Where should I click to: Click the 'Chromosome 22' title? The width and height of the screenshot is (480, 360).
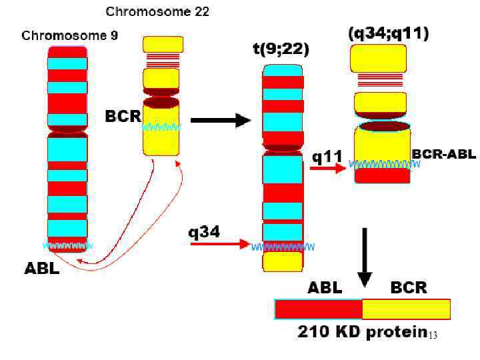point(158,12)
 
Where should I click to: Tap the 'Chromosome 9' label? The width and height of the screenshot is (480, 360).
point(70,36)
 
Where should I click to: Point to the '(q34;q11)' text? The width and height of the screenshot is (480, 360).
point(389,33)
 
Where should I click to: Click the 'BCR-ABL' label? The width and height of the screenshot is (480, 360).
point(444,155)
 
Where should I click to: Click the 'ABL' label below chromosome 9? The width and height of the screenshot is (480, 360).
point(42,269)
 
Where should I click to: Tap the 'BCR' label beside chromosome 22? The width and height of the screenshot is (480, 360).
point(123,116)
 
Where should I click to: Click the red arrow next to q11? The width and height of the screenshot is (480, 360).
point(327,169)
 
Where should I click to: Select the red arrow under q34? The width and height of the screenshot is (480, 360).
point(219,244)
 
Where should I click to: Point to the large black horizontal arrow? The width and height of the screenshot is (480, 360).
point(220,121)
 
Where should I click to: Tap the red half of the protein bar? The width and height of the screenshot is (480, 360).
point(319,309)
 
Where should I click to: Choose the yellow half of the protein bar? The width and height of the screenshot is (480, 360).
point(406,309)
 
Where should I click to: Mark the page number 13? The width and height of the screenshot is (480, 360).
point(432,335)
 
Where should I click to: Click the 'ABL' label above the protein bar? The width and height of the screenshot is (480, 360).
point(324,288)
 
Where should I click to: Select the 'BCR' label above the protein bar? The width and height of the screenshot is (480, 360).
point(408,288)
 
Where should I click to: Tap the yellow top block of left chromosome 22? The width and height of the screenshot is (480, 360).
point(163,45)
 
